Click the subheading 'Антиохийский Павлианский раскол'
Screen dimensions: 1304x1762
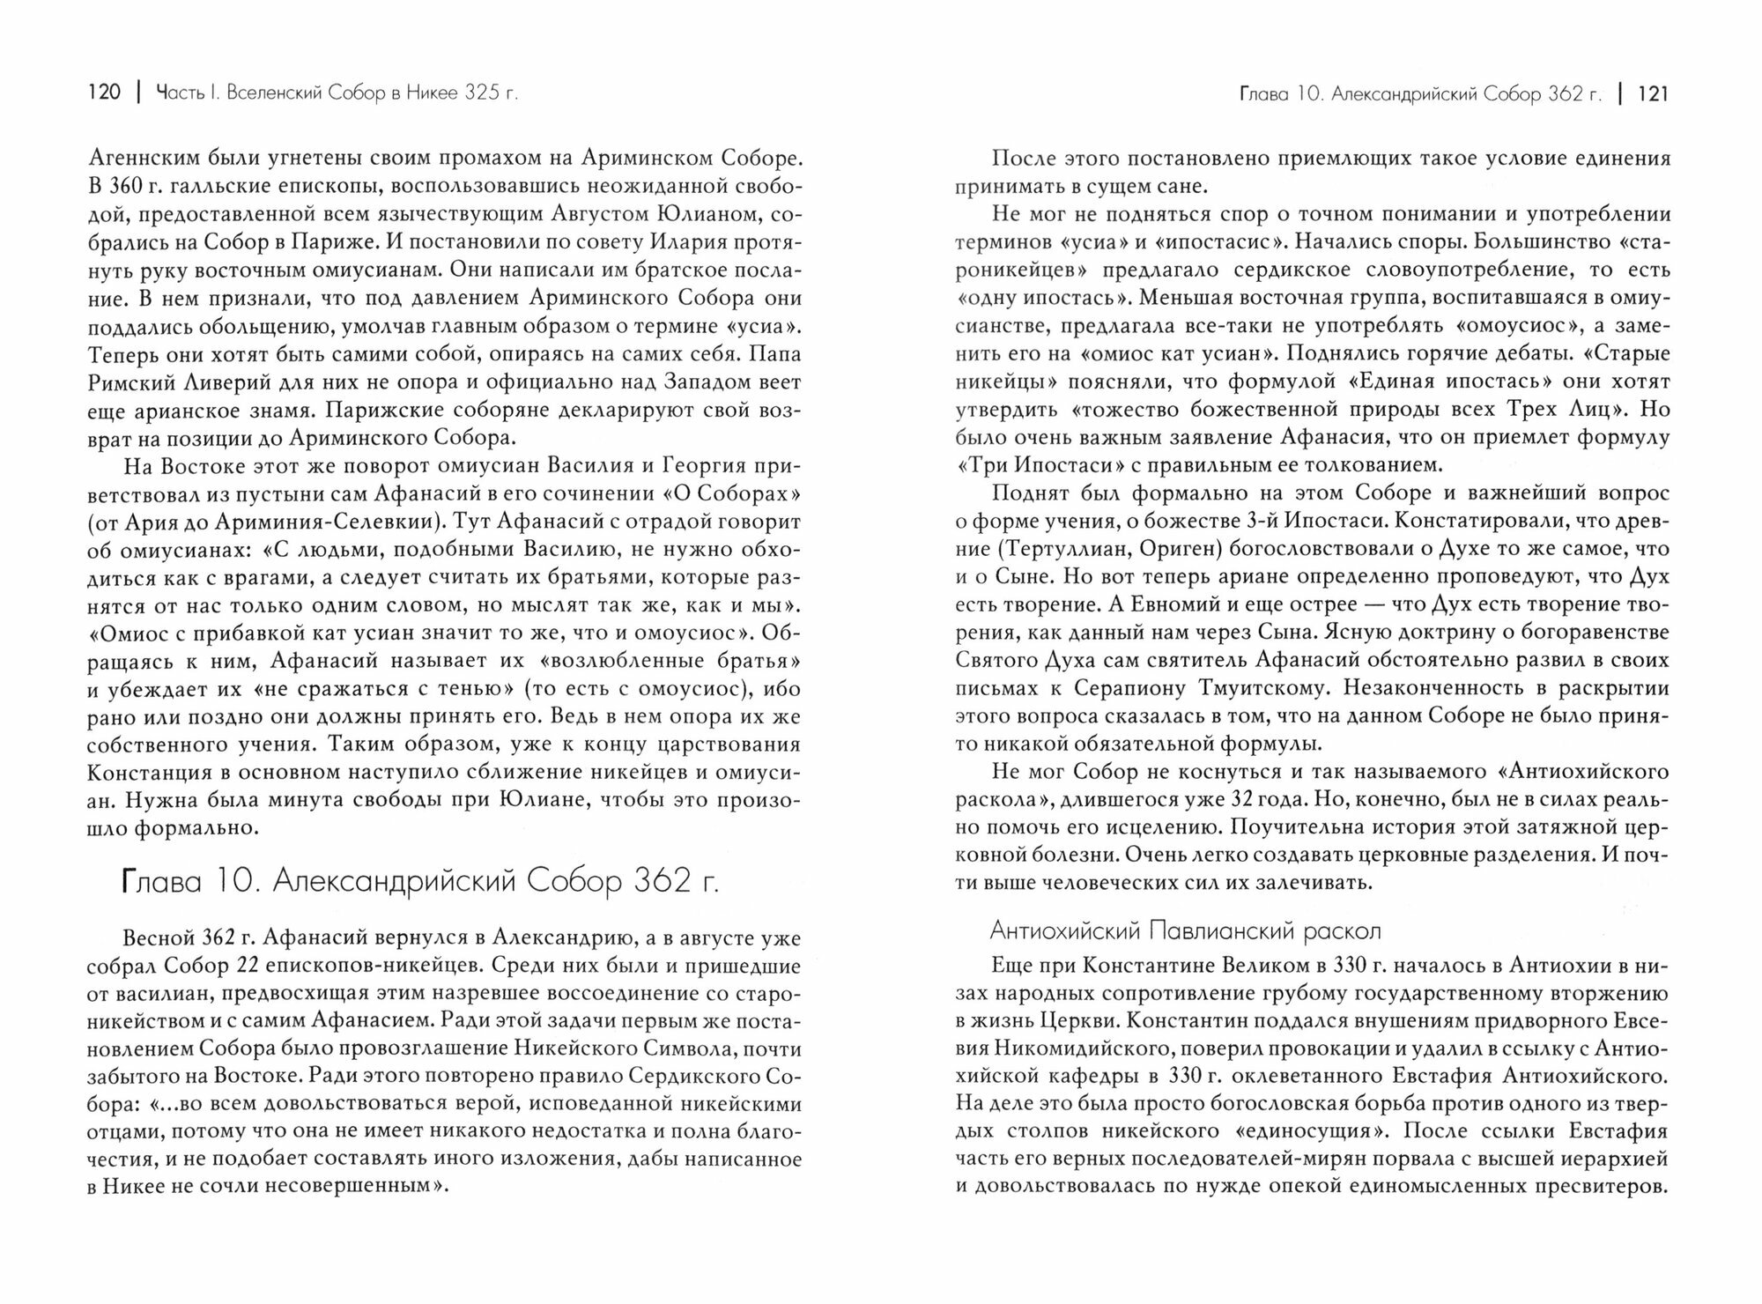(x=1185, y=930)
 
